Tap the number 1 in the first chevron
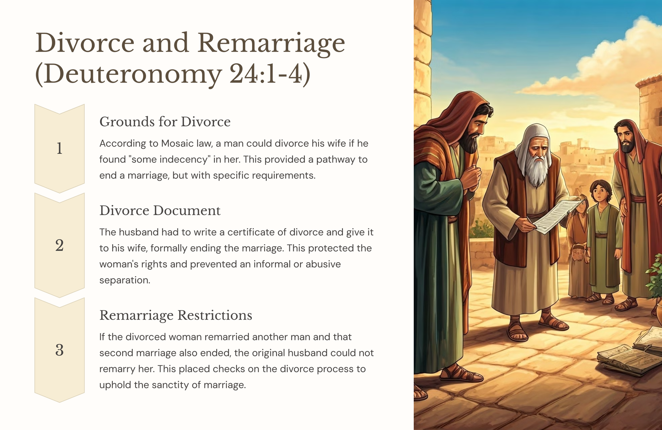tap(59, 148)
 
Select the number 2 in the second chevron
tap(59, 245)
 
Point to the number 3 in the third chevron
tap(59, 350)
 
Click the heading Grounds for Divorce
tap(165, 122)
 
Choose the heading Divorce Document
tap(160, 211)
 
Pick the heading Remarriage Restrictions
tap(176, 315)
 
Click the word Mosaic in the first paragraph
tap(177, 143)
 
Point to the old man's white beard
tap(537, 168)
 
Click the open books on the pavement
tap(630, 352)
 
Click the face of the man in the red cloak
tap(626, 137)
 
